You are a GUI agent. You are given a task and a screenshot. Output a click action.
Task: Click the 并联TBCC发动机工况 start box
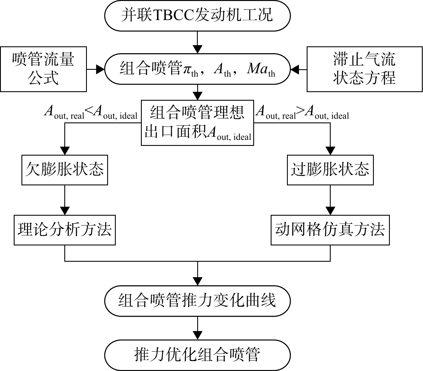tap(197, 16)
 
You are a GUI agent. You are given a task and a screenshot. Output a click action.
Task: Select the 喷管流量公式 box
tap(43, 69)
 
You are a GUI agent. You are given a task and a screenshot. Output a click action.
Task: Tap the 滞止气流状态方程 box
tap(364, 69)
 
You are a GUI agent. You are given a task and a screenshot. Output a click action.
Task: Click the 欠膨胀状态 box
tap(65, 170)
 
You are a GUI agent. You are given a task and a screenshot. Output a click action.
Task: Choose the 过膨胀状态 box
tap(330, 170)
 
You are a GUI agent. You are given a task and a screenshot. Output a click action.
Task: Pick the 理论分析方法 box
tap(65, 230)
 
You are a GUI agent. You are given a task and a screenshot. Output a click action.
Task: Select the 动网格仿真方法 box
tap(330, 230)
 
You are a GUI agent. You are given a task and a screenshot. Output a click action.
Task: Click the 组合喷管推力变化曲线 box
tap(197, 301)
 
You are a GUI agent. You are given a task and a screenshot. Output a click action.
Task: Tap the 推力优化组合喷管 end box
tap(197, 355)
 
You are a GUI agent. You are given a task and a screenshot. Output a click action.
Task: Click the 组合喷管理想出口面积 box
tap(197, 123)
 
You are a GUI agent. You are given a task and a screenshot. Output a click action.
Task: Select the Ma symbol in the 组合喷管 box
tap(257, 69)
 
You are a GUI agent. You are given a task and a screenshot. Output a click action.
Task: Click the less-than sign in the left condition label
tap(89, 111)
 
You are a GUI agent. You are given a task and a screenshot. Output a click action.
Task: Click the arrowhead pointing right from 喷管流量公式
tap(100, 69)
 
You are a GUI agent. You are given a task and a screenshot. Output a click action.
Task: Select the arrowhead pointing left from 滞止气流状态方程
tap(295, 69)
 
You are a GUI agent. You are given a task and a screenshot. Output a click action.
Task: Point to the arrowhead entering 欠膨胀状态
tap(65, 151)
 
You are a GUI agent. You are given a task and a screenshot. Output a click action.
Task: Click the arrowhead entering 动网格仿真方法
tap(330, 211)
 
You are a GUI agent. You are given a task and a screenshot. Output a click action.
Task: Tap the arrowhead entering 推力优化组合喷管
tap(197, 336)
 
